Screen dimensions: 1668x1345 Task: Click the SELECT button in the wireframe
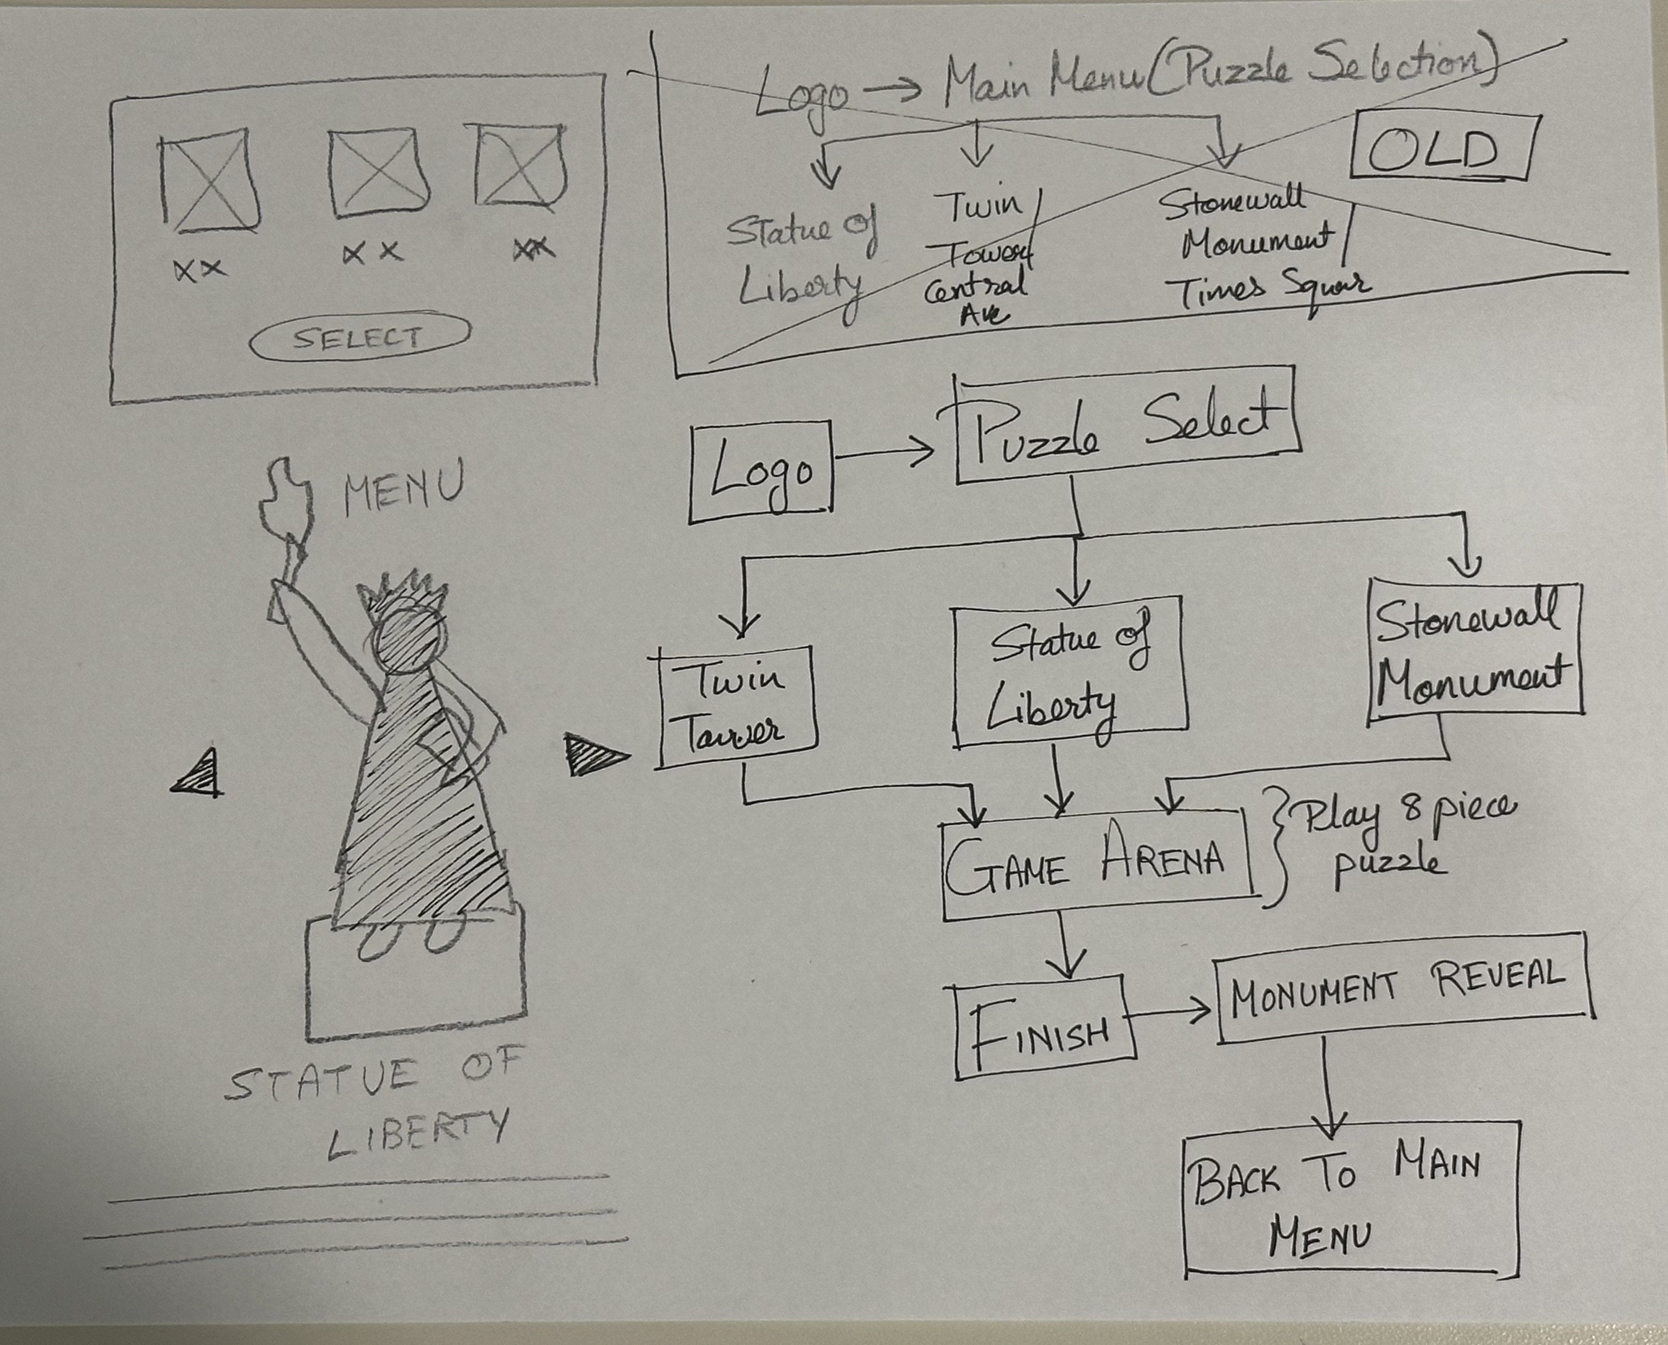359,337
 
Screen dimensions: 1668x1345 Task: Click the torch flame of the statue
285,500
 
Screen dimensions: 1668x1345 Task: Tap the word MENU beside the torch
403,488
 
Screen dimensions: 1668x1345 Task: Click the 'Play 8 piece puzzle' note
1395,840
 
